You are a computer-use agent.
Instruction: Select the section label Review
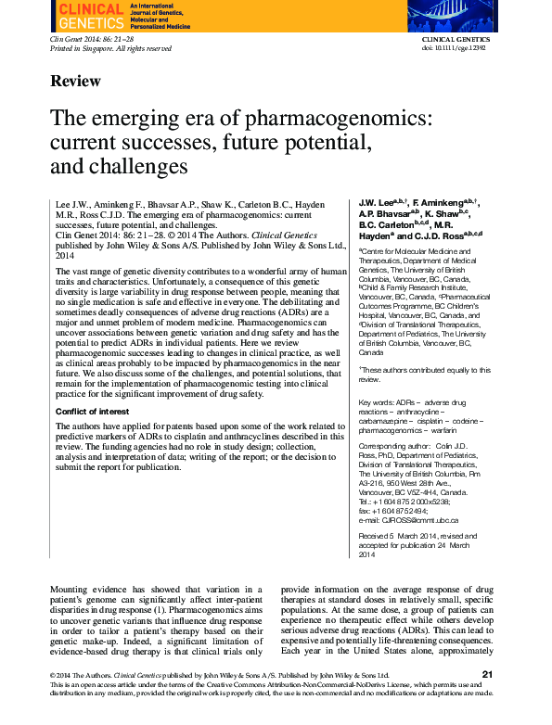tap(76, 82)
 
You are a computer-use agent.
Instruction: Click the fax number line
tap(393, 511)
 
